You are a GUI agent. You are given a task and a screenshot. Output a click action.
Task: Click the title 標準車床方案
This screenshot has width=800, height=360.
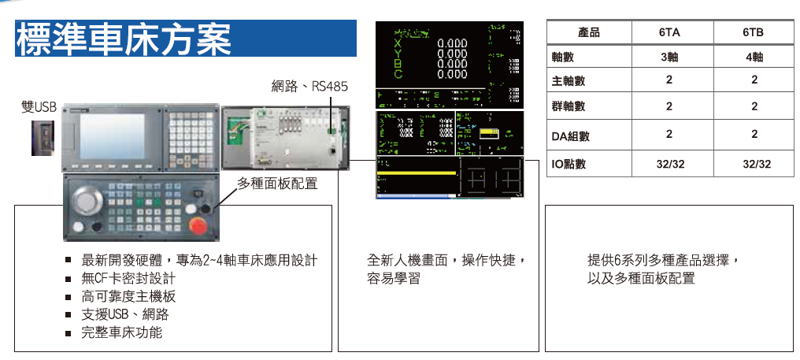click(123, 39)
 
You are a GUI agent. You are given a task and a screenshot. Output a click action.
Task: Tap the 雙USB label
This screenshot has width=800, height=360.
click(39, 106)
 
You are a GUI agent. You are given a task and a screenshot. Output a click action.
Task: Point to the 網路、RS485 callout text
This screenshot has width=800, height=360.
click(309, 86)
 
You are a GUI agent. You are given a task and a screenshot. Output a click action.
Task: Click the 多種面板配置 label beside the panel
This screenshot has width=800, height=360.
click(277, 184)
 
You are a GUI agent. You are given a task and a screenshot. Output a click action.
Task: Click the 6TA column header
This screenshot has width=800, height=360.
click(669, 32)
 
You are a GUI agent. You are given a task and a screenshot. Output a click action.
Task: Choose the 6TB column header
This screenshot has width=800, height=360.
click(754, 32)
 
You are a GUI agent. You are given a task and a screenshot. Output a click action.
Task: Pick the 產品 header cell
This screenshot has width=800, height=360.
click(588, 32)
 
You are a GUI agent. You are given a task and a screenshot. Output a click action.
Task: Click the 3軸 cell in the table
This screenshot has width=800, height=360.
click(669, 57)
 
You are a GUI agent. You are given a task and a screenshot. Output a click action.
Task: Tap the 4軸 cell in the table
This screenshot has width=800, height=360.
click(754, 57)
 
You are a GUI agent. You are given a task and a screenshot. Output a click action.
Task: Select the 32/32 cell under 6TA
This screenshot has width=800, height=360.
click(669, 164)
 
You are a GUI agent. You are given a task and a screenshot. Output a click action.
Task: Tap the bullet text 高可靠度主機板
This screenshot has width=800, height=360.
click(128, 296)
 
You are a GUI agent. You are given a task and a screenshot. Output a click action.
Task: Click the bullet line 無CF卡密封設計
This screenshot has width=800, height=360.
click(128, 278)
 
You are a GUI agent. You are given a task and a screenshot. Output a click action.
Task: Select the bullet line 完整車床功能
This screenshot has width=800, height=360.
click(122, 332)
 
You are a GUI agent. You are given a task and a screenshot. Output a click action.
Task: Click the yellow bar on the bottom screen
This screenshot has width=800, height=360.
click(417, 172)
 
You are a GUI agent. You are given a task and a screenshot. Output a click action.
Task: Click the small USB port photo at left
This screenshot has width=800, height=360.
click(43, 137)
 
